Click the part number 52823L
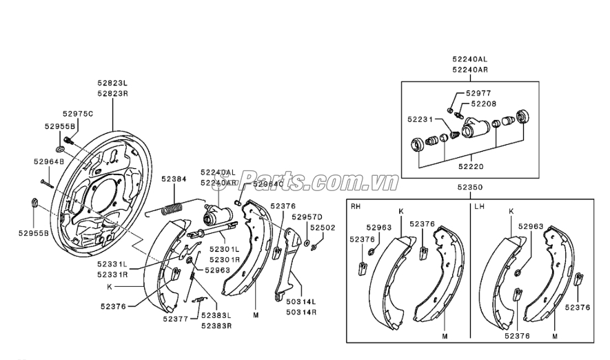pos(112,83)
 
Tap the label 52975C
pos(78,114)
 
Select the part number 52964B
pos(49,161)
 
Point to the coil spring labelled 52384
pos(172,208)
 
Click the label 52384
pos(174,179)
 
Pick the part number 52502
pos(323,228)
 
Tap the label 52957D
pos(307,217)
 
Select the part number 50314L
pos(301,301)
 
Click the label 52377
pos(176,319)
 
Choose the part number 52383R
pos(216,326)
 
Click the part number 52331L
pos(112,265)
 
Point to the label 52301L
pos(224,249)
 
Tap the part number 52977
pos(478,93)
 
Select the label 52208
pos(484,104)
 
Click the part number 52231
pos(420,119)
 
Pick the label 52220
pos(471,167)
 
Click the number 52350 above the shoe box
pos(470,187)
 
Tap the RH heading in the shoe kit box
pos(356,206)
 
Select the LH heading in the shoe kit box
pos(479,206)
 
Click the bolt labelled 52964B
pos(46,183)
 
